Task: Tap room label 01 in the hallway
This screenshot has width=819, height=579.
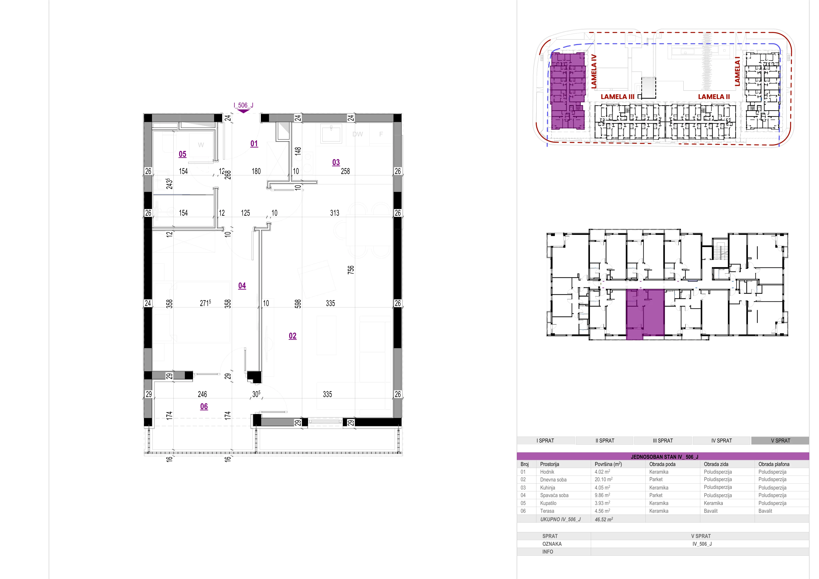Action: click(x=254, y=144)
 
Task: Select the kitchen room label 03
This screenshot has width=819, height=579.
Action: click(x=336, y=163)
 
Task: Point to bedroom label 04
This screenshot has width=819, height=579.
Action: click(x=242, y=286)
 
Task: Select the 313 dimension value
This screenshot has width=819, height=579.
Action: click(x=335, y=213)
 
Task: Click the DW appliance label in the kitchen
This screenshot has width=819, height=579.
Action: click(x=357, y=134)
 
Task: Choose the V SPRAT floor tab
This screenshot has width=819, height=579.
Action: click(x=780, y=441)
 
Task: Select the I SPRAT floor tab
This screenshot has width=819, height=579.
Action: click(x=545, y=441)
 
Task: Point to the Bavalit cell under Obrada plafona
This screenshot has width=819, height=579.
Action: click(x=765, y=511)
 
